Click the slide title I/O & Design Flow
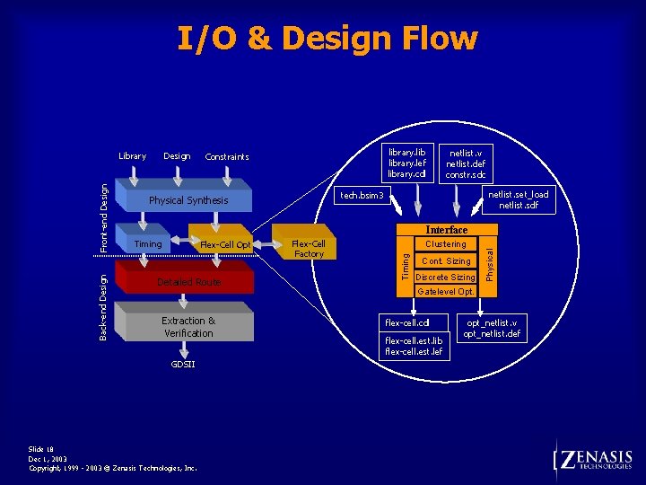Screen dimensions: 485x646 tap(327, 39)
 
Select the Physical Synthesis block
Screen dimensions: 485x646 tap(188, 200)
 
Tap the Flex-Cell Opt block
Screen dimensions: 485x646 tap(224, 244)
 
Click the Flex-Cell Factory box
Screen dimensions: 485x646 tap(308, 249)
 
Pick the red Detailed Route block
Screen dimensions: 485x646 tap(188, 282)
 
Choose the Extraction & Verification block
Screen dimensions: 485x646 tap(188, 327)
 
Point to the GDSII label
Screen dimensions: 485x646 tap(183, 365)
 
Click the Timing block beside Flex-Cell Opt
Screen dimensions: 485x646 tap(148, 243)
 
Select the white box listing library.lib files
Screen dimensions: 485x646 tap(407, 163)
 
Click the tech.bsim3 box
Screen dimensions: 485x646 tap(362, 196)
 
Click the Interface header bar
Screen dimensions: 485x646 tap(446, 230)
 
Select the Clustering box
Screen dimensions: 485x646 tap(446, 244)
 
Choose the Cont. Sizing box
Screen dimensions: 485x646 tap(446, 261)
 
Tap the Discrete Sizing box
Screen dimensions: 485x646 tap(446, 278)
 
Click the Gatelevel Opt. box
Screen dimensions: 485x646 tap(446, 292)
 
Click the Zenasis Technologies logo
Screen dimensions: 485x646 tap(594, 460)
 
